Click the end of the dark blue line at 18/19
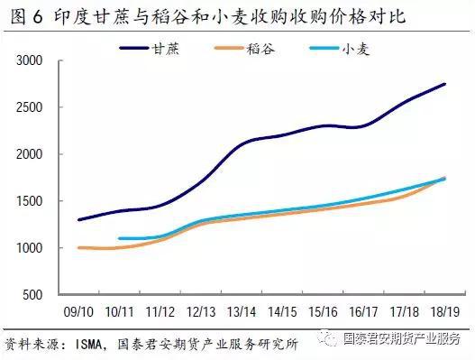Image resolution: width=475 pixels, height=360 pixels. point(444,84)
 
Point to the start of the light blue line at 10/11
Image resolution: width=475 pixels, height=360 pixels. point(120,238)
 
